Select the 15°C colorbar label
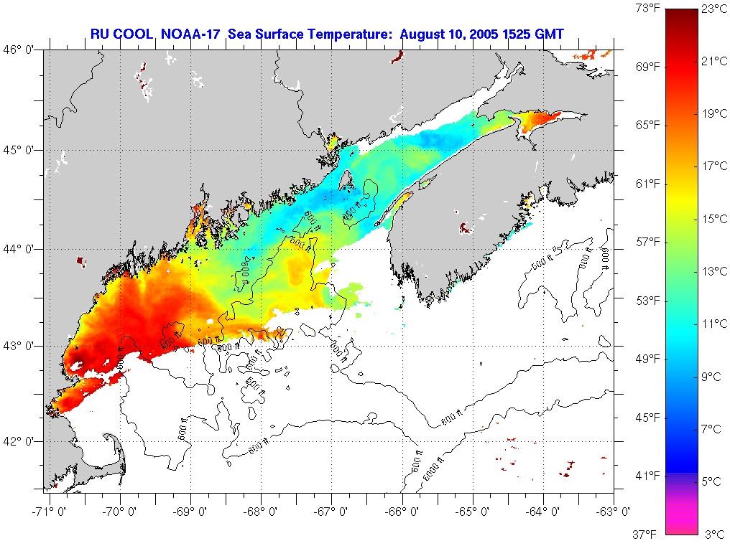click(x=714, y=219)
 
